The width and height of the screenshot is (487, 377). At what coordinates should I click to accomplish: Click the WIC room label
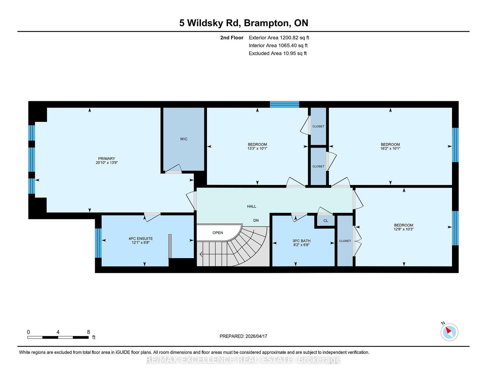tap(184, 139)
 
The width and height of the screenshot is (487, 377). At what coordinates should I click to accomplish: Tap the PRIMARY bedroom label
tap(107, 158)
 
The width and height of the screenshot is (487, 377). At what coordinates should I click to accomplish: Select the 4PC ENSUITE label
tap(141, 239)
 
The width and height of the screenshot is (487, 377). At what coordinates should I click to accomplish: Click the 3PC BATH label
tap(301, 241)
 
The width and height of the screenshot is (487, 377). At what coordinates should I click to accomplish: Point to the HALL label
tap(251, 206)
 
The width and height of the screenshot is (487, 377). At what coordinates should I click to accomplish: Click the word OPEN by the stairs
tap(218, 233)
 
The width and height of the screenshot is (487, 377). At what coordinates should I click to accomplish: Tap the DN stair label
tap(256, 220)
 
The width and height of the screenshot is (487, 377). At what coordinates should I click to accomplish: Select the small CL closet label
tap(326, 221)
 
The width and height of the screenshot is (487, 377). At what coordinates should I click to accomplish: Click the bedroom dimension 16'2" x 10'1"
tap(390, 149)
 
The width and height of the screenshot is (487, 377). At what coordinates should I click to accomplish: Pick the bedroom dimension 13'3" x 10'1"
tap(257, 149)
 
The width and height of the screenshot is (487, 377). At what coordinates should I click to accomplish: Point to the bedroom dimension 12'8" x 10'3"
tap(404, 229)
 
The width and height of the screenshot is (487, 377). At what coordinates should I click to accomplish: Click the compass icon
tap(449, 332)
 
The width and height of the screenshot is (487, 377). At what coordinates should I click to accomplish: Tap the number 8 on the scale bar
tap(89, 332)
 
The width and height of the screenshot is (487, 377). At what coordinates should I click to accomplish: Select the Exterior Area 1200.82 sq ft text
tap(279, 38)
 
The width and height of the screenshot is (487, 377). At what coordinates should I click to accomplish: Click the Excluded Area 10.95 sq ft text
tap(278, 53)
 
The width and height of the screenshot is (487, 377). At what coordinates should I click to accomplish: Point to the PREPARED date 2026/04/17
tap(243, 336)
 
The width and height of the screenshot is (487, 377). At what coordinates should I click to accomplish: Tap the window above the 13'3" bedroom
tap(284, 104)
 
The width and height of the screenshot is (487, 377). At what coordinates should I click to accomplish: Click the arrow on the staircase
tap(201, 254)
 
